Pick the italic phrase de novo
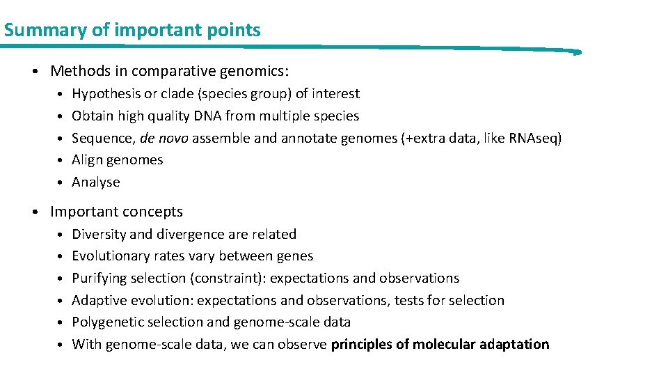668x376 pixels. pos(164,138)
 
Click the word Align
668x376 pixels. pos(88,160)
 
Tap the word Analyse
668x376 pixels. pos(96,182)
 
